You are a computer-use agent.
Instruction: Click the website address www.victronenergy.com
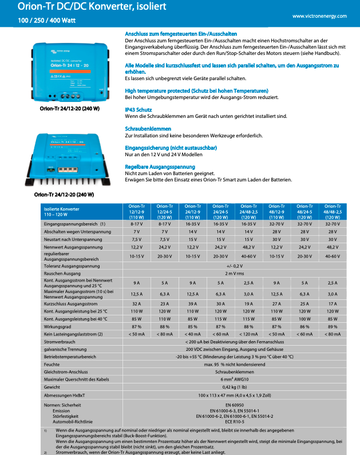[x=319, y=16]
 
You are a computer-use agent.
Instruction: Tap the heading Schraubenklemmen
[x=148, y=129]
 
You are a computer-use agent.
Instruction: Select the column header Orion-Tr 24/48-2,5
[x=248, y=212]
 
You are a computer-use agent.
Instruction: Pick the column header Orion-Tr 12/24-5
[x=164, y=212]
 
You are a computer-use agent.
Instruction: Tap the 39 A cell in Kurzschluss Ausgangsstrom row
[x=192, y=304]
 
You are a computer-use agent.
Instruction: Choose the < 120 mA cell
[x=248, y=334]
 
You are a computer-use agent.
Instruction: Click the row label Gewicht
[x=53, y=387]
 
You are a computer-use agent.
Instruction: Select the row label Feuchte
[x=53, y=364]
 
